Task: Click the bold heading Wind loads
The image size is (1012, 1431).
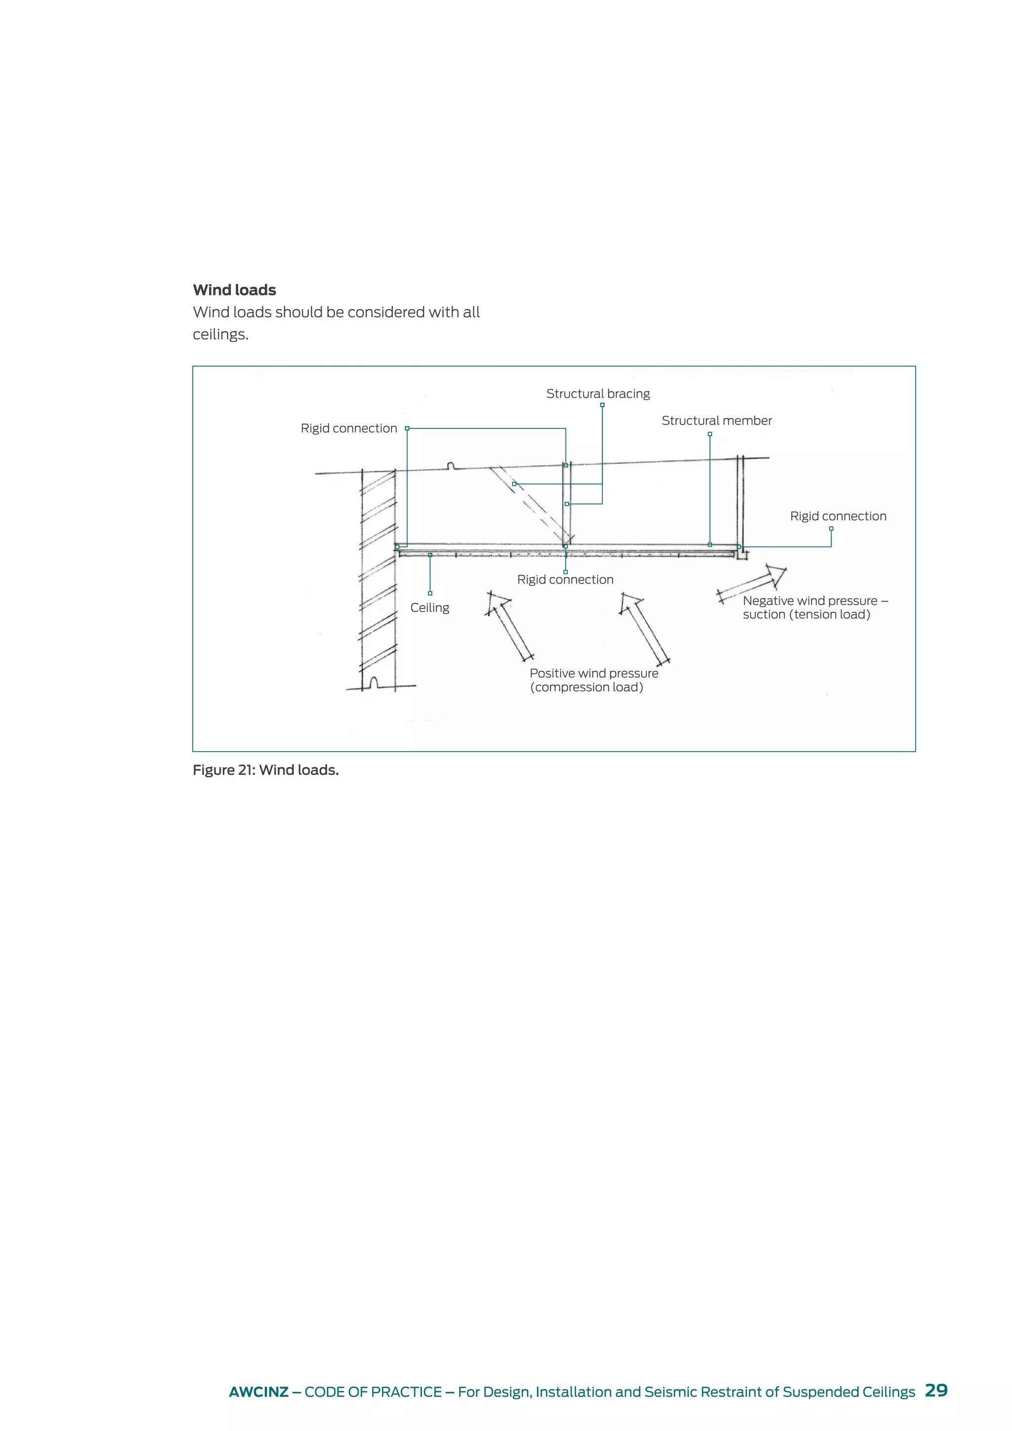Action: pyautogui.click(x=234, y=290)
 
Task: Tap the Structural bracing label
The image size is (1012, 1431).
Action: pyautogui.click(x=597, y=394)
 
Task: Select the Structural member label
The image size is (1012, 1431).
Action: pyautogui.click(x=716, y=421)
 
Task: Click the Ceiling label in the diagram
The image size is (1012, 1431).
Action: pyautogui.click(x=429, y=608)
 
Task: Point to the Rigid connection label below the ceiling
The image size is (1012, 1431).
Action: pyautogui.click(x=565, y=580)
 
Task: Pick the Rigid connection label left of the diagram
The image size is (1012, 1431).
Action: pyautogui.click(x=348, y=428)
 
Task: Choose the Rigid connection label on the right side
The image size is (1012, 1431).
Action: pyautogui.click(x=838, y=516)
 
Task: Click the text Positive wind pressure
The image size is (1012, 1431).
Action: pyautogui.click(x=593, y=673)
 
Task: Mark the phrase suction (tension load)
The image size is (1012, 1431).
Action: pyautogui.click(x=806, y=615)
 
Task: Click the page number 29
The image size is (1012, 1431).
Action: pyautogui.click(x=936, y=1390)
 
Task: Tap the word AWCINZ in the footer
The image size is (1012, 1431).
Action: pyautogui.click(x=258, y=1392)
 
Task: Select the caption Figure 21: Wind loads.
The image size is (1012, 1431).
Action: pyautogui.click(x=265, y=770)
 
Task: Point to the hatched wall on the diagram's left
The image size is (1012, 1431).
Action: pyautogui.click(x=378, y=580)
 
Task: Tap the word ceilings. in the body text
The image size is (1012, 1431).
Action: pyautogui.click(x=220, y=335)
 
